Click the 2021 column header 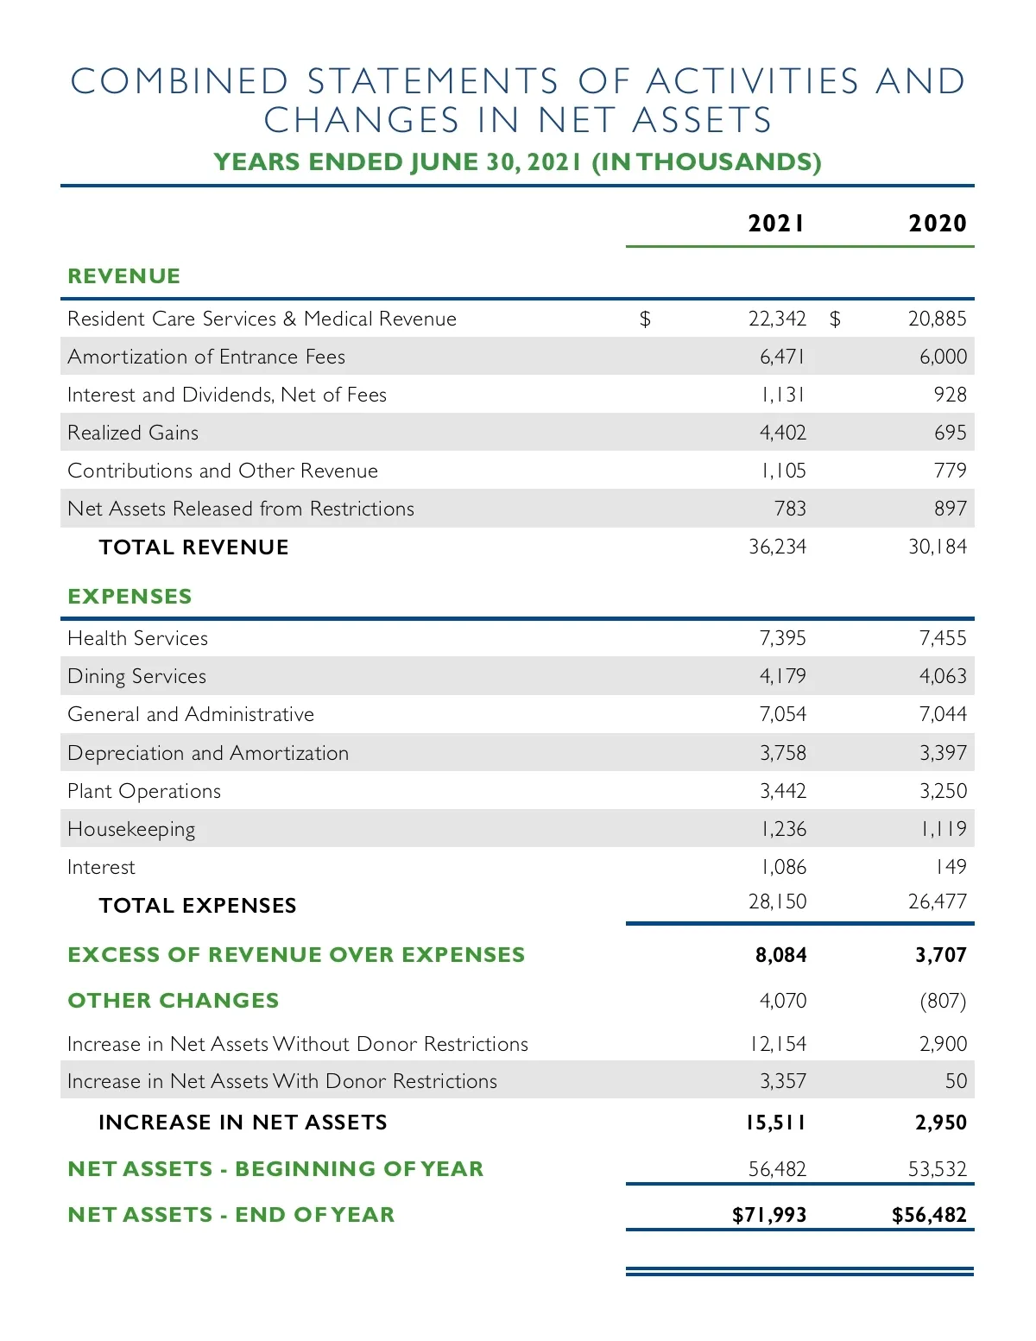point(776,224)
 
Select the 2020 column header point(937,224)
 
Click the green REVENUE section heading point(124,276)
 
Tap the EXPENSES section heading point(129,597)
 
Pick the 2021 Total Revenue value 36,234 point(777,547)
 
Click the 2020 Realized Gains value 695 point(950,433)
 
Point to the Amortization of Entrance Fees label point(206,357)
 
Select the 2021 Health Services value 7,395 point(782,638)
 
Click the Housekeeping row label point(131,830)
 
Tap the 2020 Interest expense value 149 point(951,867)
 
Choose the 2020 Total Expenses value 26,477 point(937,901)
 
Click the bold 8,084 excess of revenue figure point(780,955)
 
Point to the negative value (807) point(943,1001)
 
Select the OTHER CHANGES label point(174,1001)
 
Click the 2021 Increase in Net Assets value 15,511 point(775,1123)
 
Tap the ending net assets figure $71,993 point(768,1215)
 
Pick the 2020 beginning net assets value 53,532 point(937,1169)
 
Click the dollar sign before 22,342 point(645,319)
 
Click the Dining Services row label point(137,676)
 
